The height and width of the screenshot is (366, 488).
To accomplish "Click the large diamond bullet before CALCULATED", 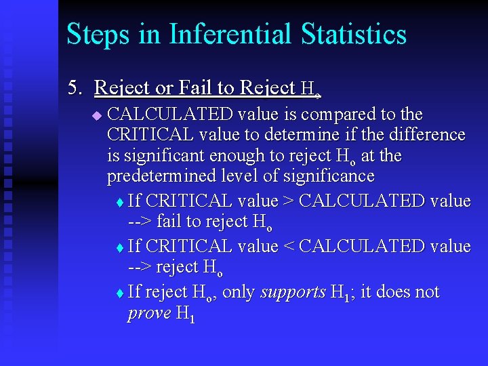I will pyautogui.click(x=96, y=116).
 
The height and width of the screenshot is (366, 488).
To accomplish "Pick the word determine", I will pyautogui.click(x=306, y=135).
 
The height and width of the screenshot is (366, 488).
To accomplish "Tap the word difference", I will pyautogui.click(x=427, y=135).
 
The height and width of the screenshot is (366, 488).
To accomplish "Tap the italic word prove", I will pyautogui.click(x=149, y=313).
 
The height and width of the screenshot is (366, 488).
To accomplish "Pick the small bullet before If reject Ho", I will pyautogui.click(x=120, y=293).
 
